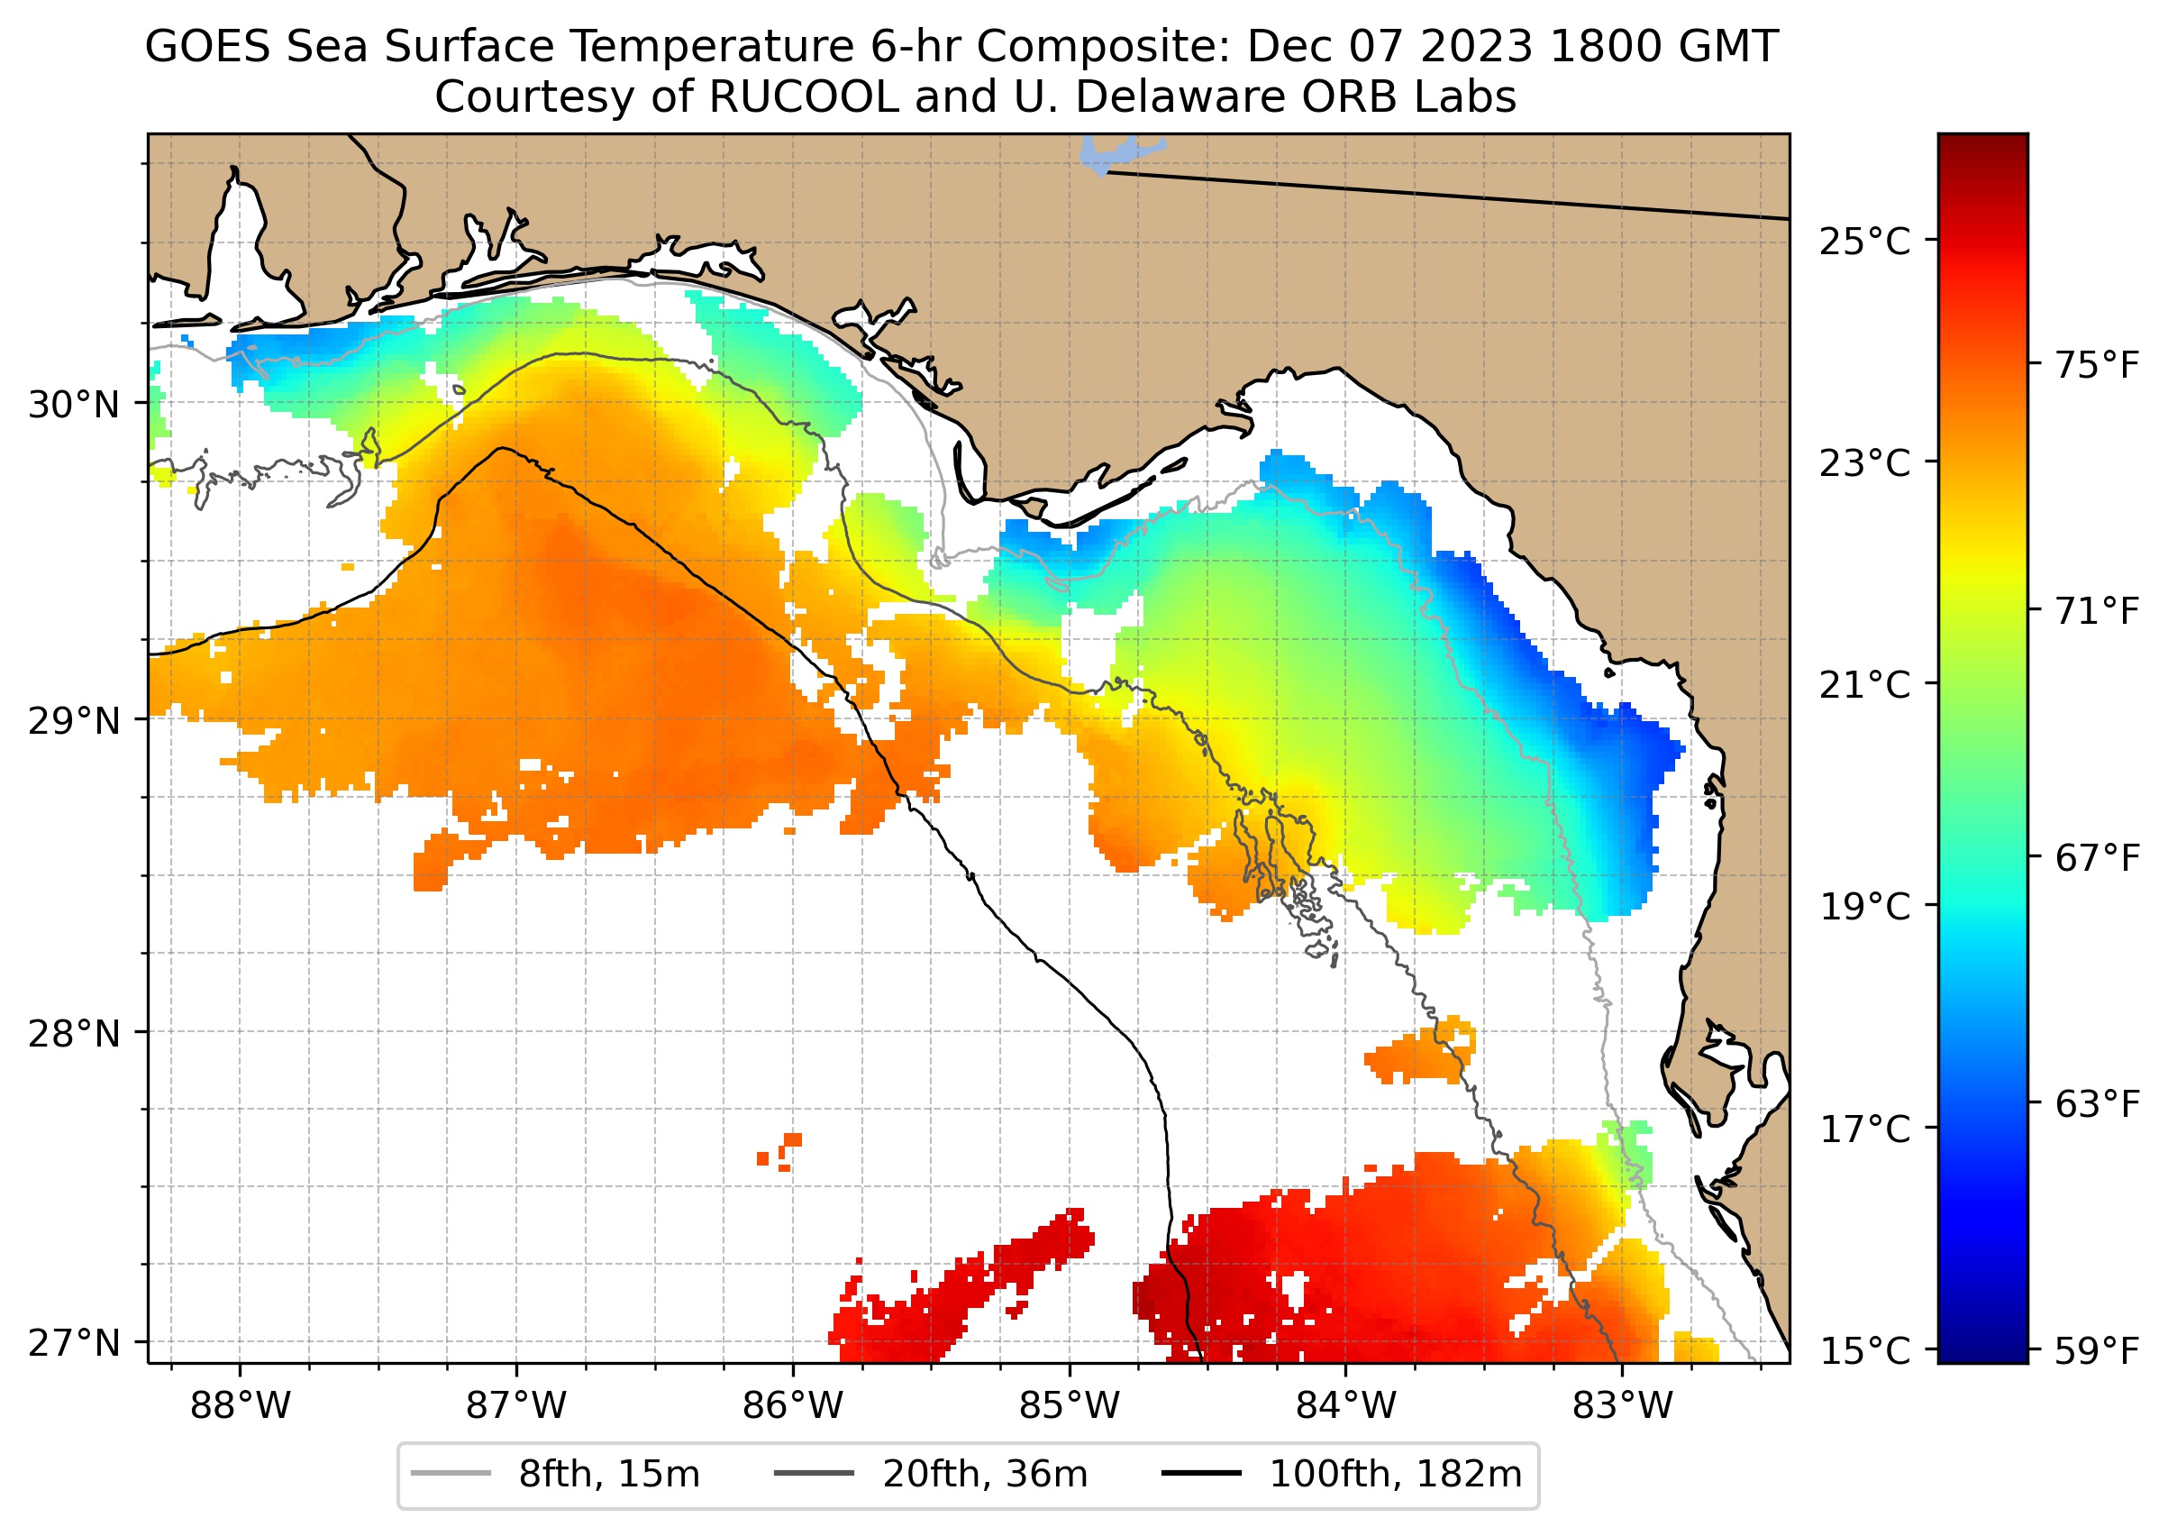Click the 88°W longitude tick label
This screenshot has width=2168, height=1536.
click(x=241, y=1406)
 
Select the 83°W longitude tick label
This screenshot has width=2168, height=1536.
click(x=1623, y=1406)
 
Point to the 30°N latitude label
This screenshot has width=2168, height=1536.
click(x=75, y=405)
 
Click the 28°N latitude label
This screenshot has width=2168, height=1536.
click(x=75, y=1034)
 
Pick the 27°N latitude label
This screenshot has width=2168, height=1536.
click(x=75, y=1342)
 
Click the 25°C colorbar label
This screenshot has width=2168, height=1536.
click(x=1865, y=242)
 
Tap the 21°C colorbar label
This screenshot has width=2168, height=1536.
click(x=1865, y=685)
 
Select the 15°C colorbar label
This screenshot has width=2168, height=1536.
click(x=1865, y=1350)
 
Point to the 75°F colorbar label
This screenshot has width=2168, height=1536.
click(x=2097, y=365)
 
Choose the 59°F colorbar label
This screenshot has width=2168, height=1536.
click(x=2097, y=1350)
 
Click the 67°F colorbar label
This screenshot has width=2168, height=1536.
click(x=2097, y=858)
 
